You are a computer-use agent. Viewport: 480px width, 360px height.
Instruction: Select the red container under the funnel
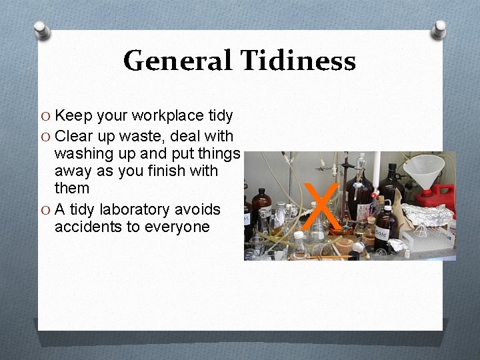(437, 194)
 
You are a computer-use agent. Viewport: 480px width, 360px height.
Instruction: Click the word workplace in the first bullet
(169, 116)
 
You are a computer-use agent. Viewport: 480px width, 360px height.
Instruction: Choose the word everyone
(179, 227)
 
